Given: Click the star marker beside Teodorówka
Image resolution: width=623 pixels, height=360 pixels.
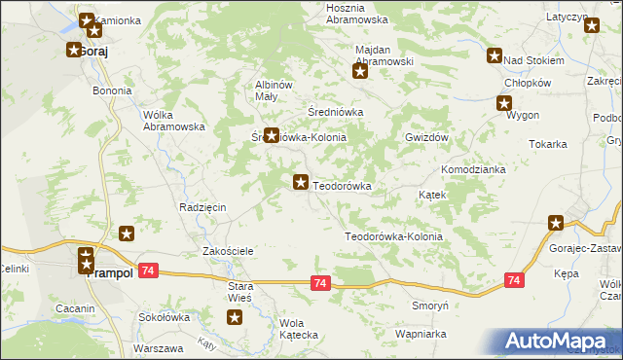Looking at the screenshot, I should [x=302, y=182].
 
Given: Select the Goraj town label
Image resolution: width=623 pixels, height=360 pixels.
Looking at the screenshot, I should [x=93, y=51].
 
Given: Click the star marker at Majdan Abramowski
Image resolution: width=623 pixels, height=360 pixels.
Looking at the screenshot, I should [x=360, y=70].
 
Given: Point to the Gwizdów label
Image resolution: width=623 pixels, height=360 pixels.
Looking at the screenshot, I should [x=425, y=138].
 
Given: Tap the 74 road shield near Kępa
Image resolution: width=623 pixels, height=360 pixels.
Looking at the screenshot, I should [x=514, y=280].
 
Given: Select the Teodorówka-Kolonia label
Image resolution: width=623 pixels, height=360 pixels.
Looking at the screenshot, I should [x=393, y=236].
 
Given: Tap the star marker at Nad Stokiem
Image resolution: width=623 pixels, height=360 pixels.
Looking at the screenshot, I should [x=495, y=56].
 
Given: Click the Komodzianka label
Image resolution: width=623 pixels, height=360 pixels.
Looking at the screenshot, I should [x=473, y=169].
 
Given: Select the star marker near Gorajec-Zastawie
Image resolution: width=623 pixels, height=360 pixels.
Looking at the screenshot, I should [x=556, y=224].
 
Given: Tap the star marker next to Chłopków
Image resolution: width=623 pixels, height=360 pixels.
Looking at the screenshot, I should [x=505, y=103].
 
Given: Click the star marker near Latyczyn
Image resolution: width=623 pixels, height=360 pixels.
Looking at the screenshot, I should [x=592, y=26].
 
